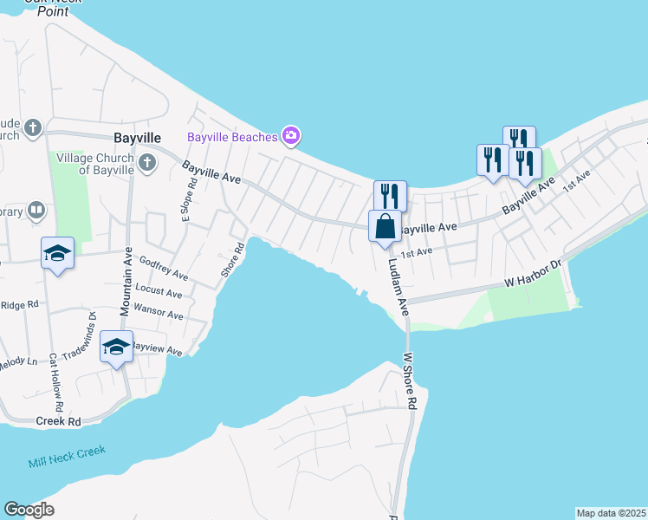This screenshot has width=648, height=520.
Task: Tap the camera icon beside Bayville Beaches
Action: coord(291,135)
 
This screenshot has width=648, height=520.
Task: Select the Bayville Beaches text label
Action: coord(232,137)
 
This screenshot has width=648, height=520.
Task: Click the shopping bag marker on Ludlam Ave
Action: coord(386,227)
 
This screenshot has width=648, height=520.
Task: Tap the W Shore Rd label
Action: coord(411,380)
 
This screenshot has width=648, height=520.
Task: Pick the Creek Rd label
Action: coord(58,421)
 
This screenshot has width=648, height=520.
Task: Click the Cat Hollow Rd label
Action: coord(56,381)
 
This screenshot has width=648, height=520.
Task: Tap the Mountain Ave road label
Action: coord(126,282)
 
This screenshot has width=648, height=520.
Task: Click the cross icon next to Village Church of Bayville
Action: coord(147,161)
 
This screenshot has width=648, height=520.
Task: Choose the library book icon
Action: coord(36,210)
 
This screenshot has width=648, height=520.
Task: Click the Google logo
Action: coord(29,510)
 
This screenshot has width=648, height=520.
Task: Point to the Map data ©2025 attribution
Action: coord(611,513)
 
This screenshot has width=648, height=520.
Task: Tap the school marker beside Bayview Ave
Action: coord(116,348)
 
